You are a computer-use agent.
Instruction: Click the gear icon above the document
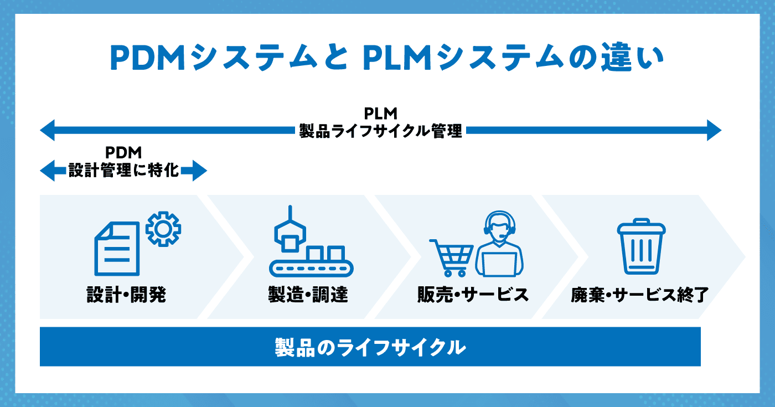pos(163,229)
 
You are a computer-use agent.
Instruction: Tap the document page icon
pos(117,249)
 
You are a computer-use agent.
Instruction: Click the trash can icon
pos(642,246)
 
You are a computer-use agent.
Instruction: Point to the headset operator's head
pos(499,226)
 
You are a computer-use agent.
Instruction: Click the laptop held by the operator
pos(499,265)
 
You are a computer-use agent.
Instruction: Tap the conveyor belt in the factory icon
pos(311,268)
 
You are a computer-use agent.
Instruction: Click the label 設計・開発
pos(126,295)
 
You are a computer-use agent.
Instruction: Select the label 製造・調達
pos(308,295)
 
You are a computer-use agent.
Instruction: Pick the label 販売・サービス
pos(473,295)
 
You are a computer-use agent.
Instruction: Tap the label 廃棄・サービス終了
pos(640,295)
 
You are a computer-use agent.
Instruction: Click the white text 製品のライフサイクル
pos(370,347)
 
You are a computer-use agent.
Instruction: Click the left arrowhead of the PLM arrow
pos(48,130)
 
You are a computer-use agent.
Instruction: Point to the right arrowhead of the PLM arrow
pos(714,130)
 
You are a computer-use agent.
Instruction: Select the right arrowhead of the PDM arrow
pos(200,171)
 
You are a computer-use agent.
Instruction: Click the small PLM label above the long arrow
pos(381,114)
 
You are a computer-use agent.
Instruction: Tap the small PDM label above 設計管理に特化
pos(123,153)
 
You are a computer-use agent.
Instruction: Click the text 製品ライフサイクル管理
pos(380,131)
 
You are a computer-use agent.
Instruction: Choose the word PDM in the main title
pos(148,58)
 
